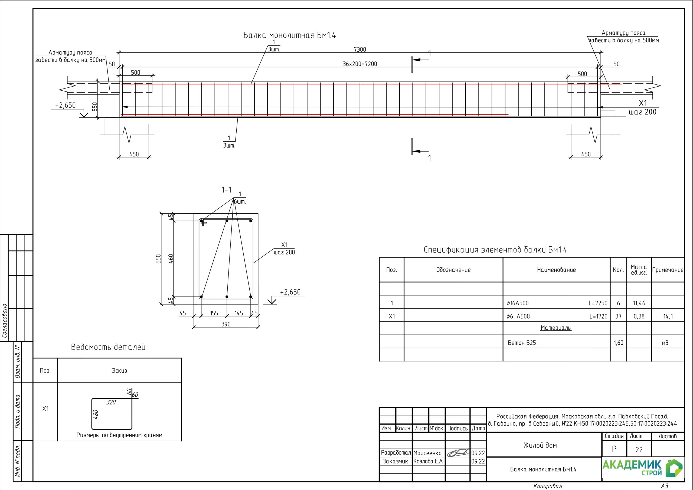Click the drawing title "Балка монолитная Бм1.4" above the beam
tap(289, 35)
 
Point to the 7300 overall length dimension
tap(360, 50)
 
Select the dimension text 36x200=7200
tap(360, 64)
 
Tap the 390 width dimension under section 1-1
tap(226, 324)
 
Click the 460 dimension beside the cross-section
tap(171, 259)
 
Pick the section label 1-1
tap(226, 190)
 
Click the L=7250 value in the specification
tap(598, 303)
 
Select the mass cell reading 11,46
tap(639, 303)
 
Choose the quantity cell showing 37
tap(619, 316)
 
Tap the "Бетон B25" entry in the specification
tap(522, 343)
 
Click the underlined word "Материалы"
tap(556, 328)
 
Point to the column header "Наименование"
tap(556, 270)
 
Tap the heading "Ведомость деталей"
tap(108, 347)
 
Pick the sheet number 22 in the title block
tap(639, 450)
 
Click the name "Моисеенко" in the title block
tap(427, 453)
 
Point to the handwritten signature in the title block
tap(459, 453)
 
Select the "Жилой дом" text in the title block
tap(540, 445)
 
